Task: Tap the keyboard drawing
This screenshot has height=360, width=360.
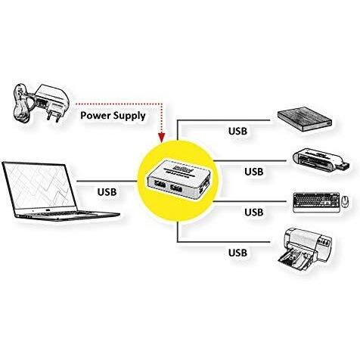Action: (316, 202)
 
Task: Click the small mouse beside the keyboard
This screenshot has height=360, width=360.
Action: (345, 202)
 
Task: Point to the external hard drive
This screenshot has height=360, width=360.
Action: (305, 119)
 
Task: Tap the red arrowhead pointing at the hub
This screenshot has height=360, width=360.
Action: (162, 138)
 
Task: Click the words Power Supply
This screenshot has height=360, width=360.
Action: (113, 116)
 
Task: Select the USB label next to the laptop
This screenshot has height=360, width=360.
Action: (107, 192)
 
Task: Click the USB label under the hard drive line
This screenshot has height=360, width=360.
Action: (237, 131)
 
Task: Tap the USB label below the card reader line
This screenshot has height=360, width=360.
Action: (254, 172)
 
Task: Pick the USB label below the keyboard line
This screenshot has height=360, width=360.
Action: (254, 213)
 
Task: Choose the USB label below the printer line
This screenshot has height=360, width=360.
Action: (237, 253)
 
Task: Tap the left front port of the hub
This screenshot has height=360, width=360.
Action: (160, 185)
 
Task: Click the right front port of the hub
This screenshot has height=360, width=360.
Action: (176, 189)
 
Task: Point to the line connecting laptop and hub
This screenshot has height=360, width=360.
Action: (107, 181)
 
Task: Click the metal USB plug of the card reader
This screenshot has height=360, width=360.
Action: (343, 166)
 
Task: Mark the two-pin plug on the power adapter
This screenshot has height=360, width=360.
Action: (54, 116)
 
